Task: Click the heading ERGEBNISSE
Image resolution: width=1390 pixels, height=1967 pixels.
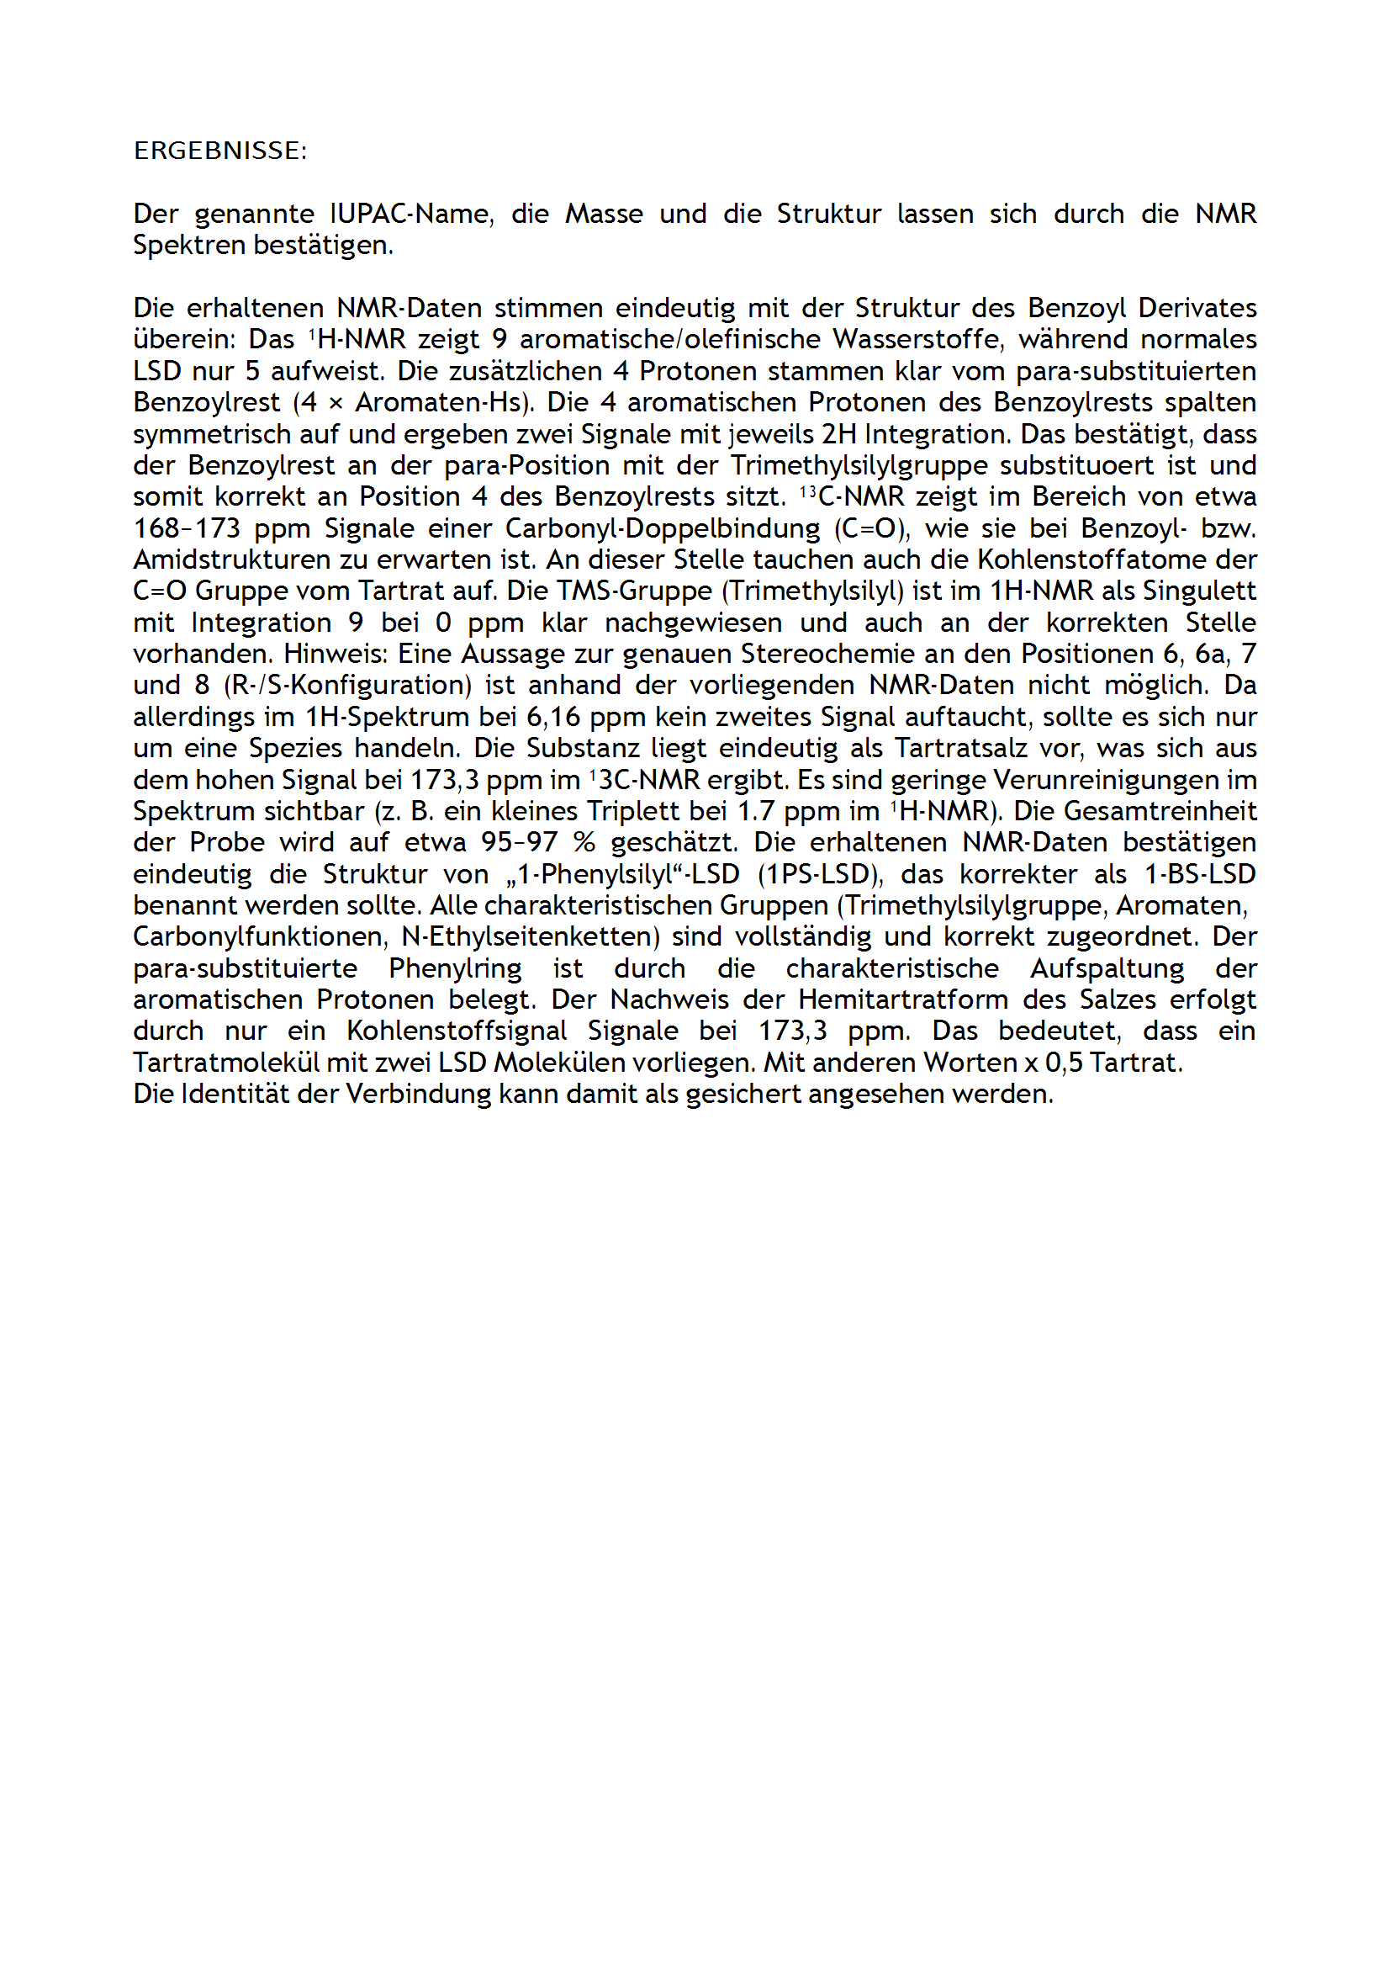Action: [x=219, y=151]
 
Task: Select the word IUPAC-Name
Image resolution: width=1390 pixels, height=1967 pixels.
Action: [x=411, y=214]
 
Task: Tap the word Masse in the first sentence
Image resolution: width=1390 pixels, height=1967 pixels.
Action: [x=604, y=214]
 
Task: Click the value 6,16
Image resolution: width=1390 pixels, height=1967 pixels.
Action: [x=553, y=716]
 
